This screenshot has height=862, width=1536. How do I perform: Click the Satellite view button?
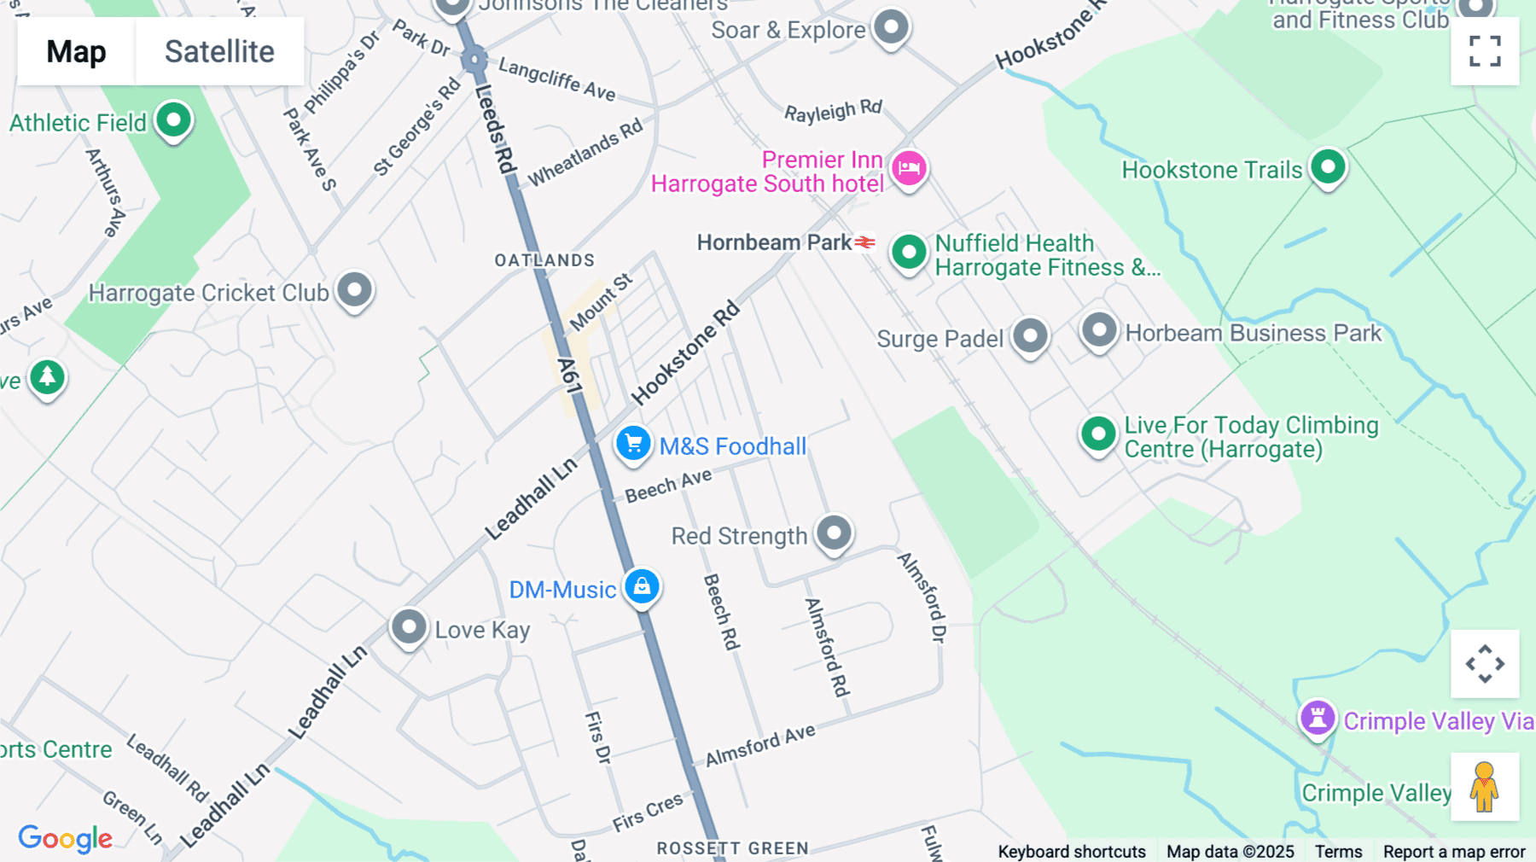[219, 51]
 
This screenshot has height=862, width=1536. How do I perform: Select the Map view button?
[76, 51]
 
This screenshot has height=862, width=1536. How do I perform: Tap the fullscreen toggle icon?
[1485, 51]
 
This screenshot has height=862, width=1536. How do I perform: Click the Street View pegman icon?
[1485, 787]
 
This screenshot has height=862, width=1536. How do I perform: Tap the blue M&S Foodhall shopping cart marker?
[633, 444]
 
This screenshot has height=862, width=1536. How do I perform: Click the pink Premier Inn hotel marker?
[909, 168]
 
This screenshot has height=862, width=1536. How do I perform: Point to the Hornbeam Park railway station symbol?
[865, 242]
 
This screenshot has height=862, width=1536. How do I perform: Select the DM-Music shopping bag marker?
[642, 586]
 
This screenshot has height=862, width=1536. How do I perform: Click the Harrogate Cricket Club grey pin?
[354, 290]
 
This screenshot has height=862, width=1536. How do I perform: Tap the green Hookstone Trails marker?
[1328, 166]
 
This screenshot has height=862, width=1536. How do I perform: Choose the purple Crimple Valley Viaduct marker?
[1318, 718]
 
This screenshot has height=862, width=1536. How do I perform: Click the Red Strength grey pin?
[834, 533]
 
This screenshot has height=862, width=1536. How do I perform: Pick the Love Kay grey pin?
[409, 627]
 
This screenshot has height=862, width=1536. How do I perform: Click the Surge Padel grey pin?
[1030, 335]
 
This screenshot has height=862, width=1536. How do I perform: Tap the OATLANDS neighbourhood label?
[544, 260]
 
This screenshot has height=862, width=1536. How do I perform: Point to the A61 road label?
[569, 376]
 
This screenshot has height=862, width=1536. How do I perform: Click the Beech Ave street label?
[668, 486]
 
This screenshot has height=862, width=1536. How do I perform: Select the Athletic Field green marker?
[173, 120]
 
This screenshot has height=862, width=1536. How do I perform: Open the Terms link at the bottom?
[1338, 851]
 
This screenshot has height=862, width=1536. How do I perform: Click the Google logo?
[66, 838]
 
